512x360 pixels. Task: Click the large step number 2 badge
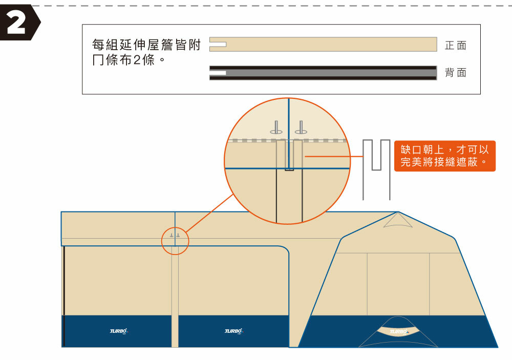pyautogui.click(x=19, y=24)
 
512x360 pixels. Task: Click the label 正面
pyautogui.click(x=455, y=46)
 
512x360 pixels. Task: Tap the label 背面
pyautogui.click(x=455, y=73)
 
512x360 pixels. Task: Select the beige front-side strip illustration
pyautogui.click(x=328, y=45)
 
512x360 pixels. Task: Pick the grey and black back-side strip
pyautogui.click(x=328, y=73)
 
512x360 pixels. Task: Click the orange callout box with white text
pyautogui.click(x=444, y=156)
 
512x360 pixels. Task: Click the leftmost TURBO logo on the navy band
pyautogui.click(x=118, y=331)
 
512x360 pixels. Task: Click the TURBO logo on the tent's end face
pyautogui.click(x=399, y=331)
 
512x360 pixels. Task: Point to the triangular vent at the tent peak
pyautogui.click(x=397, y=221)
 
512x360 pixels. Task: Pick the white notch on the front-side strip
pyautogui.click(x=218, y=45)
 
